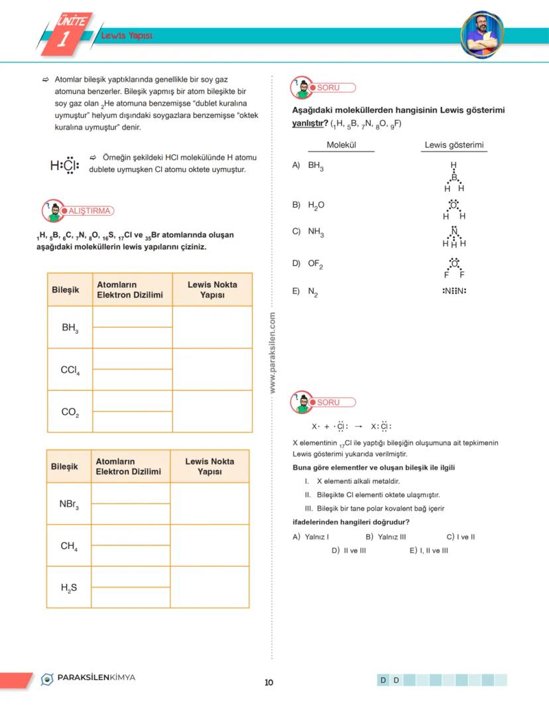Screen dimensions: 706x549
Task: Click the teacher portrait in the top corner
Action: point(482,34)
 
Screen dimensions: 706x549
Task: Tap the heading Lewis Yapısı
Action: point(127,36)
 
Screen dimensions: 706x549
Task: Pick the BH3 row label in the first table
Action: point(70,327)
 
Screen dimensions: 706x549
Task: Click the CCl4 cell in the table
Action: point(70,370)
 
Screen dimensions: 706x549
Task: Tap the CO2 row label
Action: point(70,412)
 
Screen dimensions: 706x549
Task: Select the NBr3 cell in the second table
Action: point(69,504)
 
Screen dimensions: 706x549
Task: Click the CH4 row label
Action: point(69,546)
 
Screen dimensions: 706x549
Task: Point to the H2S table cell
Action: point(69,587)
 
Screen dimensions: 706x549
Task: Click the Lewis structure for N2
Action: point(454,291)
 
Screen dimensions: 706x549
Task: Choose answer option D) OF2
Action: point(308,263)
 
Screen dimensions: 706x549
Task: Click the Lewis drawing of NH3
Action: point(454,237)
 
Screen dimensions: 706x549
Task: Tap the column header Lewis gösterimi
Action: point(454,145)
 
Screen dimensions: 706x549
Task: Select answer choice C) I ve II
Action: point(461,537)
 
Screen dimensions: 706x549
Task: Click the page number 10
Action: point(269,682)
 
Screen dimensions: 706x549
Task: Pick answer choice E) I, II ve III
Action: point(429,550)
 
